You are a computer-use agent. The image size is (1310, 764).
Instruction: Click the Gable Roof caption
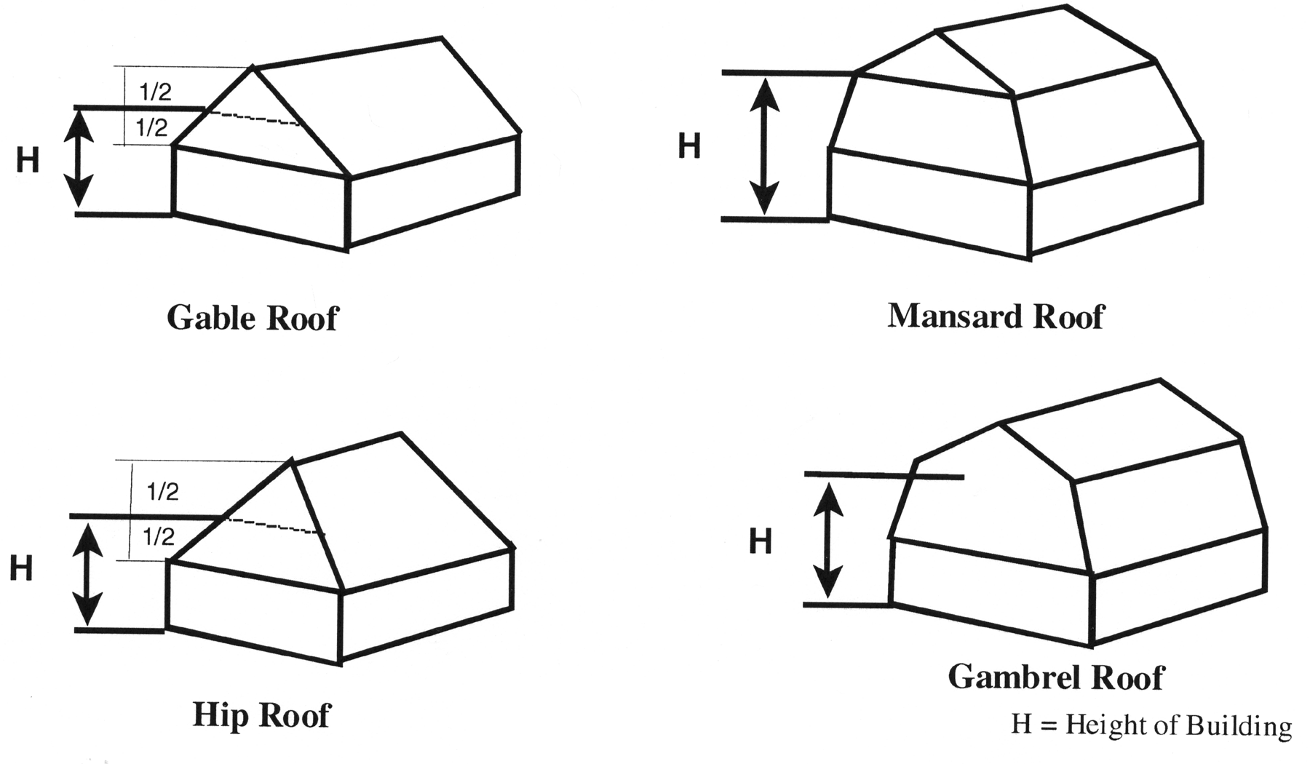pos(253,318)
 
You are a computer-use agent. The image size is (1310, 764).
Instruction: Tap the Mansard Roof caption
pos(996,316)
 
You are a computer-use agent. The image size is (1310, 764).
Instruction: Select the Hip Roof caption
pos(261,715)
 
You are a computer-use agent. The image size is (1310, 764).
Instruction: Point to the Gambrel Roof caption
pos(1055,677)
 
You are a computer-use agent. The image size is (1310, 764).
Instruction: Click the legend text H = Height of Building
pos(1151,725)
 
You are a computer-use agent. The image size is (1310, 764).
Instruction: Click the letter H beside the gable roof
pos(28,161)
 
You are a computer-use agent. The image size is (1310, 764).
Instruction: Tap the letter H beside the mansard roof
pos(689,146)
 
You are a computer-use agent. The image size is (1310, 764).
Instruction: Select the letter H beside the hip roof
pos(21,568)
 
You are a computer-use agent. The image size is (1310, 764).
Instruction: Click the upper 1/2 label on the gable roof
pos(154,92)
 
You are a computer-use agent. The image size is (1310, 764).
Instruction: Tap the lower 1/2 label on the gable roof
pos(151,129)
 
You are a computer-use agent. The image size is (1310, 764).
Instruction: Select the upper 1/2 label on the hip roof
pos(163,492)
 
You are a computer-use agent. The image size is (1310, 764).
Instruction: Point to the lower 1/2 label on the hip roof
pos(159,538)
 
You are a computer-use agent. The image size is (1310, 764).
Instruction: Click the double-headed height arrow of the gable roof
pos(79,162)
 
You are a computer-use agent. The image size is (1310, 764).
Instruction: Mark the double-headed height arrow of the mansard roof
pos(764,146)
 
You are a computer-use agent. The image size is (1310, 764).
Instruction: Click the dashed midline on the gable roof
pos(254,118)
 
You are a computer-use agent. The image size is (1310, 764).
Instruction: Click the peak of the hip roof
pos(292,459)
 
